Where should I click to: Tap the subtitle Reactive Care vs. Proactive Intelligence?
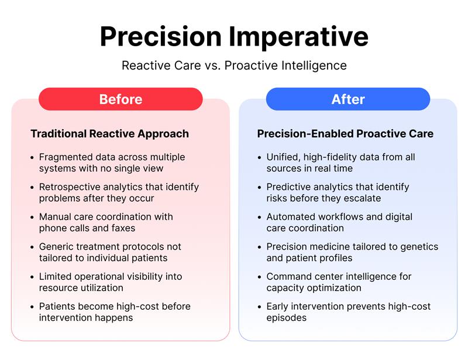point(234,65)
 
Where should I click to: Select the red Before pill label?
point(121,99)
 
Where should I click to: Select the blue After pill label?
point(347,99)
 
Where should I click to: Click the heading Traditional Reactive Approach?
point(109,134)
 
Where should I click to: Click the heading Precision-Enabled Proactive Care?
point(345,134)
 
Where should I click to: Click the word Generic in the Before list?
point(56,247)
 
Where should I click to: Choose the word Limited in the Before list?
point(56,276)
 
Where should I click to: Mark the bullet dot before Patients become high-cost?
point(32,307)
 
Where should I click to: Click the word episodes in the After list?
point(287,318)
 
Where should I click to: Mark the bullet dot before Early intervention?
point(259,307)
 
